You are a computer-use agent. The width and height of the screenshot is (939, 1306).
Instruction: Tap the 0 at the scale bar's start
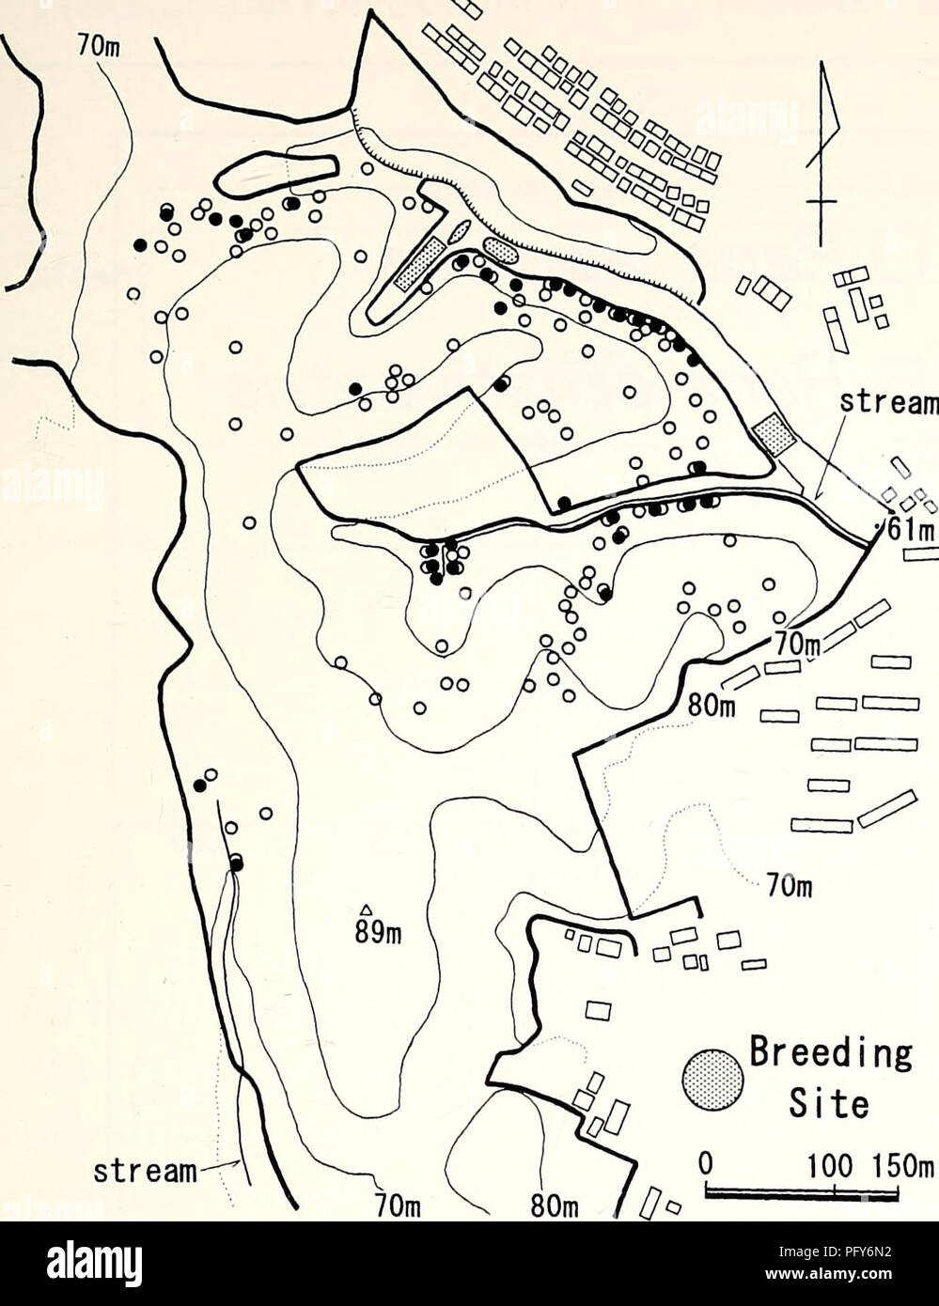pyautogui.click(x=710, y=1161)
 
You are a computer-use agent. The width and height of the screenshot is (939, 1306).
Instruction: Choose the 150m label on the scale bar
pyautogui.click(x=900, y=1161)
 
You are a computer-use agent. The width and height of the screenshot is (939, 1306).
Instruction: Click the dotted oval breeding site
pyautogui.click(x=499, y=249)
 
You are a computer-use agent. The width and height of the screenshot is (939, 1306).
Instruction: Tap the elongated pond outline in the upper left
pyautogui.click(x=278, y=169)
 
